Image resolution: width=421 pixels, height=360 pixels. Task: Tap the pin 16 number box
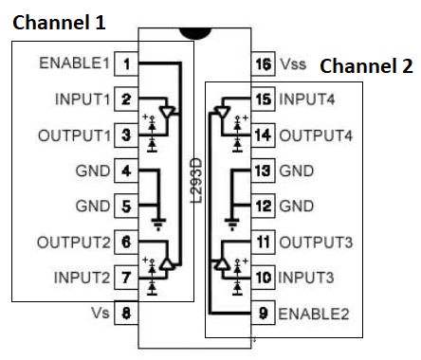264,64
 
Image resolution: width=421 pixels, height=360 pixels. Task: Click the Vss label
293,64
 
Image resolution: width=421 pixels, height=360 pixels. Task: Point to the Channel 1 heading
59,21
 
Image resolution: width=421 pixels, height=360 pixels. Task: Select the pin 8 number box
126,312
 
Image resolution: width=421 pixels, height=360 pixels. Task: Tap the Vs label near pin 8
100,312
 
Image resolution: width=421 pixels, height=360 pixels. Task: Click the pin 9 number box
264,312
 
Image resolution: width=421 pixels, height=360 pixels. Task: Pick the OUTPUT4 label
316,135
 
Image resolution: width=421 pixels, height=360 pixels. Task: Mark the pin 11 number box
264,242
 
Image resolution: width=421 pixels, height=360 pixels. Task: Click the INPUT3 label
309,278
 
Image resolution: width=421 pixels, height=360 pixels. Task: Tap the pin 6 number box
126,242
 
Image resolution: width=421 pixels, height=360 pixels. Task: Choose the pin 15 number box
264,99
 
